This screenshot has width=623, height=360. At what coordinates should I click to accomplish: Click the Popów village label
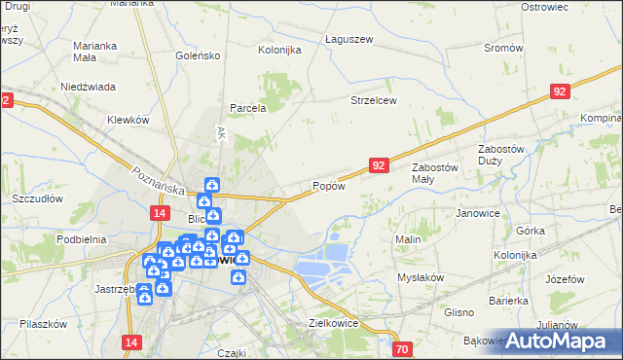click(329, 186)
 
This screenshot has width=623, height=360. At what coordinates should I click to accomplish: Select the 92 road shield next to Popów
click(380, 166)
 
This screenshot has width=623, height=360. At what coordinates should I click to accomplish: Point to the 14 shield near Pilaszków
click(133, 342)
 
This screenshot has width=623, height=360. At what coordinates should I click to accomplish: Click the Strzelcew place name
click(374, 100)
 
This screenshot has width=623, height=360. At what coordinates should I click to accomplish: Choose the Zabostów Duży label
click(502, 155)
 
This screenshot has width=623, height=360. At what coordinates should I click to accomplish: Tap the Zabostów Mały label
click(435, 173)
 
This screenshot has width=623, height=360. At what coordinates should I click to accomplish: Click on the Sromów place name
click(503, 48)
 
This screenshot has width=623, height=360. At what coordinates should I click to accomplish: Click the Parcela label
click(248, 108)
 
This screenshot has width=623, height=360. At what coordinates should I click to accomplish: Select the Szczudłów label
click(37, 198)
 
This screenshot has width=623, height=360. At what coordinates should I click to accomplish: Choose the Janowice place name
click(478, 212)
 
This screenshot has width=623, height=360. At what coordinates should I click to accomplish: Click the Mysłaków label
click(421, 276)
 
